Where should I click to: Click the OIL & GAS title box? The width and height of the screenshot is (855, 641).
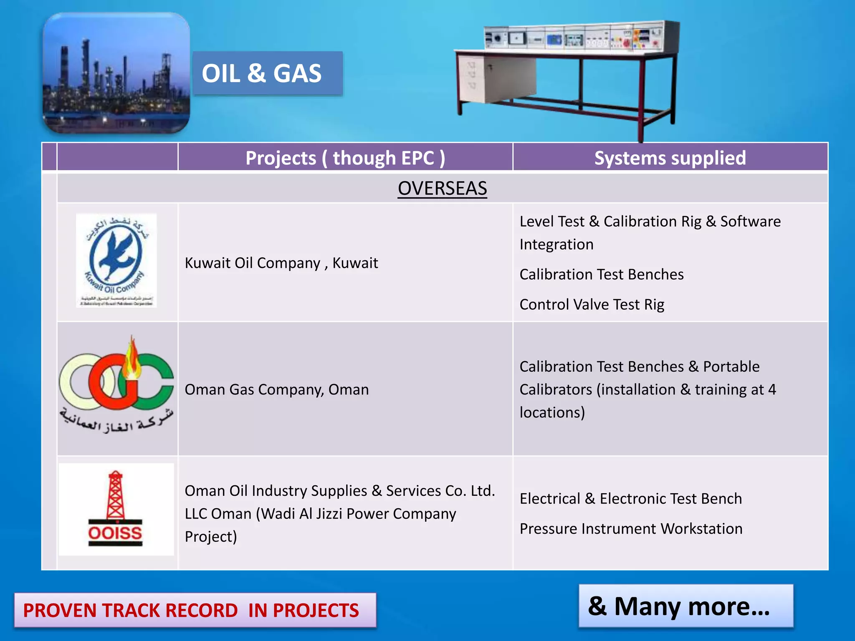[x=267, y=73]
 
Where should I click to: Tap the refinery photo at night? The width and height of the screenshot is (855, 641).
[x=116, y=73]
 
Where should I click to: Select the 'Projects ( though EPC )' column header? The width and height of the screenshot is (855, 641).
[x=345, y=158]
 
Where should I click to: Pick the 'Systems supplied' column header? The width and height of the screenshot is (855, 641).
[x=670, y=158]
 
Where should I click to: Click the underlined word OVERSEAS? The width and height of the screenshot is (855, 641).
[x=442, y=188]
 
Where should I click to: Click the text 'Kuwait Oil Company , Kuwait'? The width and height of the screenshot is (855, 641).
[x=281, y=263]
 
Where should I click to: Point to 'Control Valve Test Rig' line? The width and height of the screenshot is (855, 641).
[x=592, y=304]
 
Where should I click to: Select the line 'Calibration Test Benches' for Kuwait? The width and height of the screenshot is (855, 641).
[x=601, y=274]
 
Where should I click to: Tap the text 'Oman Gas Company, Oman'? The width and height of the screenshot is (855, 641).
[x=276, y=389]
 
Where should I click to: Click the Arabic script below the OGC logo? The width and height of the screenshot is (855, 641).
[x=116, y=421]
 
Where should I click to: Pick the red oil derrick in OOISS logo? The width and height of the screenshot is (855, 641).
[x=115, y=496]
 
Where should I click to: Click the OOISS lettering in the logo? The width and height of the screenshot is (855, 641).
[x=115, y=533]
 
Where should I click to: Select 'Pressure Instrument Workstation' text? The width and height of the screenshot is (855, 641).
[x=631, y=529]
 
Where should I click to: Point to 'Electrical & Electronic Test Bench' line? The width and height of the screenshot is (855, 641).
[x=630, y=499]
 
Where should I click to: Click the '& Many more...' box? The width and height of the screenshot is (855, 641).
[x=686, y=606]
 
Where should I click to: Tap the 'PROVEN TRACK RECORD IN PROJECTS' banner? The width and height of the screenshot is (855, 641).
[x=195, y=610]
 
